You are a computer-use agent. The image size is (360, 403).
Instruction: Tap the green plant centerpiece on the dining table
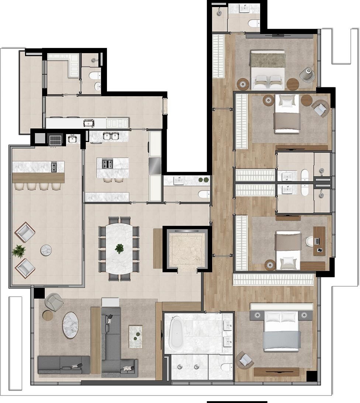click(119, 249)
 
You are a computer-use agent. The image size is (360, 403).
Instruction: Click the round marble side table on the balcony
click(46, 250)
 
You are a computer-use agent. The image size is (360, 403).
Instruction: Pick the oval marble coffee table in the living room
click(70, 325)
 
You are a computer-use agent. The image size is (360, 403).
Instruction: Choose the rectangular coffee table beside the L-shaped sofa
click(135, 336)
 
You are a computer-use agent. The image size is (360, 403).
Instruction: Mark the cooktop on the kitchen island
click(107, 164)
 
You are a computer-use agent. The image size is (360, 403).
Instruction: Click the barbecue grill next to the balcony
click(55, 140)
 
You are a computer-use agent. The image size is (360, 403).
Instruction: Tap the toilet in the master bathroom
click(226, 367)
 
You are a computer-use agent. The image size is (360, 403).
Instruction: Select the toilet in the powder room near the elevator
click(204, 194)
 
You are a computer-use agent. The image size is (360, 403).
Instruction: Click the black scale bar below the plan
click(237, 402)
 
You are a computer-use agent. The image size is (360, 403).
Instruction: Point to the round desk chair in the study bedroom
click(309, 242)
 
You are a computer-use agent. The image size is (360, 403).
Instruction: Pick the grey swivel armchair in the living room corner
click(54, 302)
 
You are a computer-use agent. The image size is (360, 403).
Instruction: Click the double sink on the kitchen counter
click(111, 136)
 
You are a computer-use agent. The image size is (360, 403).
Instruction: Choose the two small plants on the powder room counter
click(203, 180)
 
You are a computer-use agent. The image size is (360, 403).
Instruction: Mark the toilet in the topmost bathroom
click(254, 24)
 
